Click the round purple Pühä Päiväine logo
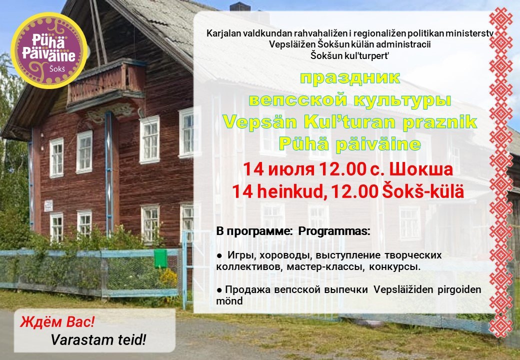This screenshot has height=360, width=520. click(x=49, y=50)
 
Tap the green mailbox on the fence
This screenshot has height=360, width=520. click(x=160, y=258)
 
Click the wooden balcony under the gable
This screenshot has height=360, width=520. click(x=106, y=85)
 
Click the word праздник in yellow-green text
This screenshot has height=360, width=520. click(x=350, y=78)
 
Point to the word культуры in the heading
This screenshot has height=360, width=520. click(x=402, y=100)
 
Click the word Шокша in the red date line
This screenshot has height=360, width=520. click(x=421, y=169)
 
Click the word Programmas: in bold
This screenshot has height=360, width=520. click(x=334, y=231)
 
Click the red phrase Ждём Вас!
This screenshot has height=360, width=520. click(x=57, y=322)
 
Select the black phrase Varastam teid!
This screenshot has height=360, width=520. click(x=98, y=339)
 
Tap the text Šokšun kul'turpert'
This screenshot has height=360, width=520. click(x=350, y=55)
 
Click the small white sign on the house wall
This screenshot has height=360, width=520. click(x=48, y=205)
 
